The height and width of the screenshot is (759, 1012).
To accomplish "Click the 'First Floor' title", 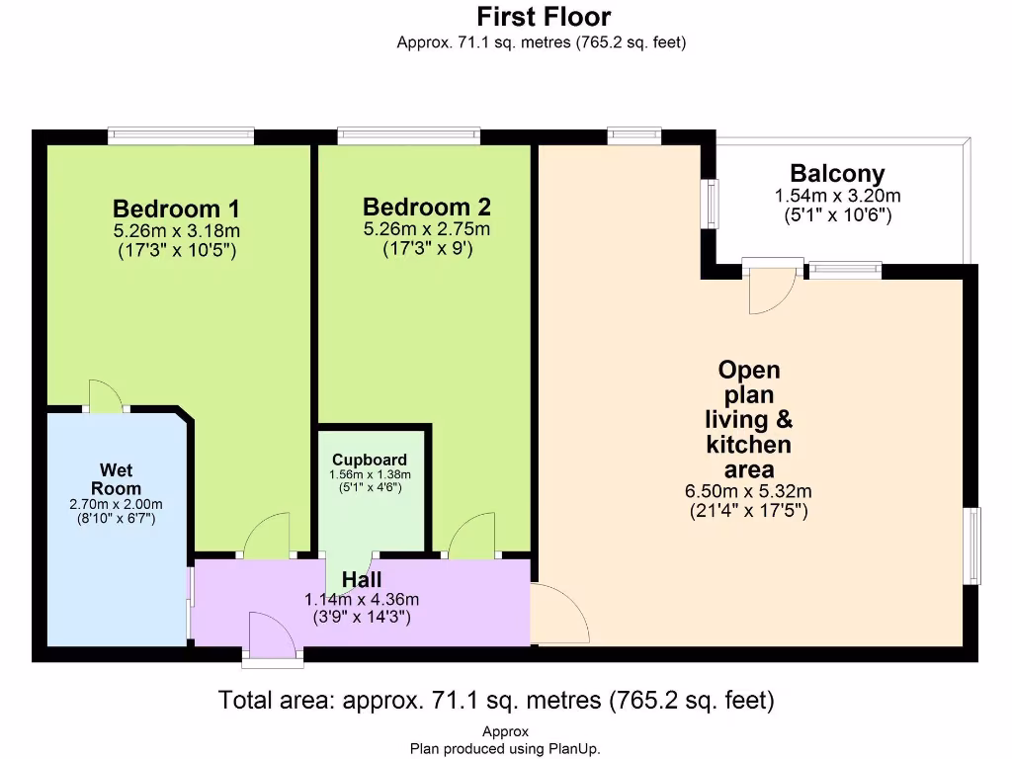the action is (x=544, y=16).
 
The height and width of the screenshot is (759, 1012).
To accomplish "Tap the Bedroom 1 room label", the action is (x=176, y=209).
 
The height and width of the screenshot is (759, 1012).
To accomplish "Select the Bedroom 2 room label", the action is (x=427, y=207).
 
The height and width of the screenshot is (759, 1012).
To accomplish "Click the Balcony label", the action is (x=837, y=174).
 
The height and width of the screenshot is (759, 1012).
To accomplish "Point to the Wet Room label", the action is (x=117, y=479).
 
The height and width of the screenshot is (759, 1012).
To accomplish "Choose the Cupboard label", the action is (x=370, y=460).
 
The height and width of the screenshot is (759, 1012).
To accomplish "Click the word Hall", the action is (x=362, y=579).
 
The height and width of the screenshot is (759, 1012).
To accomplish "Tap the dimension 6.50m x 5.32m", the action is (x=748, y=491).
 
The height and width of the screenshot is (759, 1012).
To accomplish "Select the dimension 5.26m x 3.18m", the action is (x=176, y=230).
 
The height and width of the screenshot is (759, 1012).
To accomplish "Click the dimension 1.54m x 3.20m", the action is (x=837, y=196).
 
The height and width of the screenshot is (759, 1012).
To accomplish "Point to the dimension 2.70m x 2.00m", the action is (x=117, y=504).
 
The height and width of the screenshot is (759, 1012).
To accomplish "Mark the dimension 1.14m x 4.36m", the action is (x=362, y=600).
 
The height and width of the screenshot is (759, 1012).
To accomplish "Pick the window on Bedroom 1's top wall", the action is (x=181, y=134).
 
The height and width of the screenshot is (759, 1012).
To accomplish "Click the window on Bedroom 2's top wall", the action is (x=408, y=134).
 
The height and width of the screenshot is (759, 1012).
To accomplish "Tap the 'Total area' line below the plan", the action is (x=496, y=700).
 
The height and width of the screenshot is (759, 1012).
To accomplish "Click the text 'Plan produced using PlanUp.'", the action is (x=505, y=749).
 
